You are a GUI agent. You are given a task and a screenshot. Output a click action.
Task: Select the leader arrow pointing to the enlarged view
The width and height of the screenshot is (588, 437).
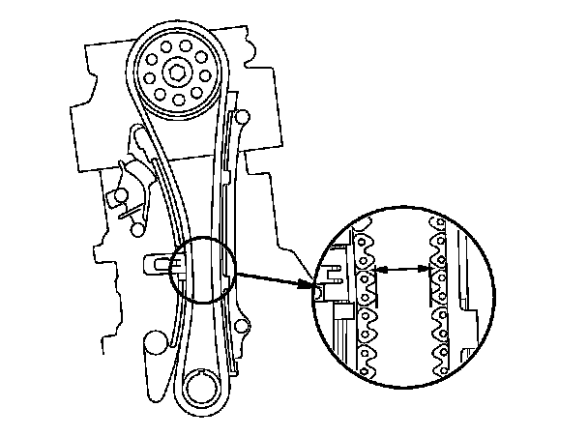pos(276,279)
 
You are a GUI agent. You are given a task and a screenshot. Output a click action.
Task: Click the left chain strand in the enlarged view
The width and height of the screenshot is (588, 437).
pos(366,300)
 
